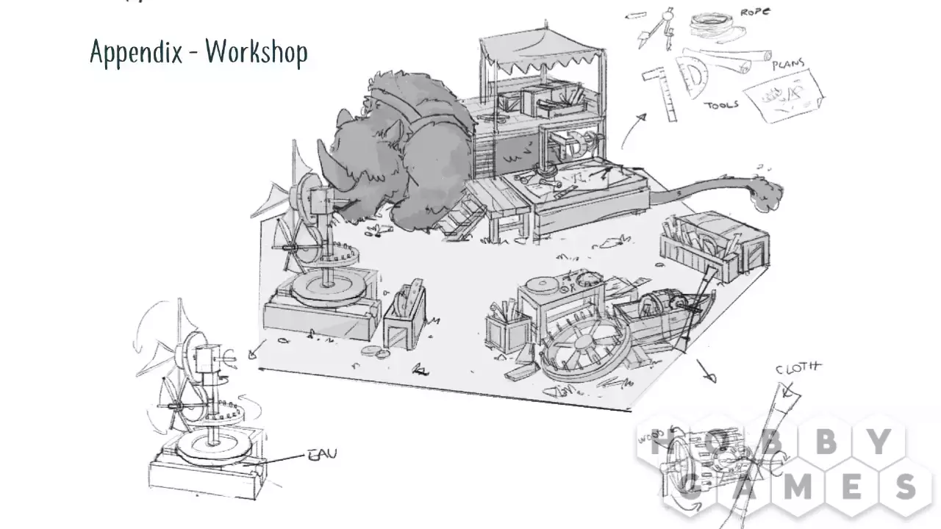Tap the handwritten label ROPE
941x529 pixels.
tap(755, 12)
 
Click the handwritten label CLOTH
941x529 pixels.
tap(798, 368)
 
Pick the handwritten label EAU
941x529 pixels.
tap(322, 454)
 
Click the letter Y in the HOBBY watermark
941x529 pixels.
tap(881, 441)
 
